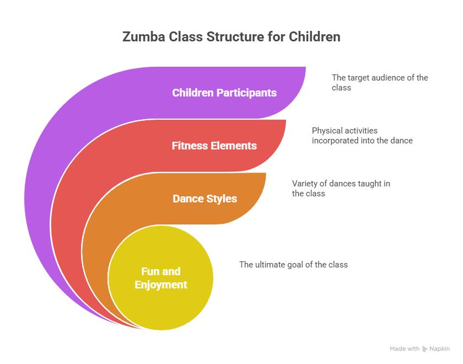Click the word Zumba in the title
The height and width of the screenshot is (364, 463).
point(144,37)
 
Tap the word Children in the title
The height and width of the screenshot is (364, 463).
point(315,37)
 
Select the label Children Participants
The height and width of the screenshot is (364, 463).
point(224,93)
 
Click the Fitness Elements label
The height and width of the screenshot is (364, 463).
point(214,146)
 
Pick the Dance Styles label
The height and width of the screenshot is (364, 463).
point(205,199)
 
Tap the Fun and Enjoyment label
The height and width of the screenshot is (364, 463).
point(161,278)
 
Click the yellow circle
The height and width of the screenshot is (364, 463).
point(160,278)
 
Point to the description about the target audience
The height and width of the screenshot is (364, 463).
point(380,82)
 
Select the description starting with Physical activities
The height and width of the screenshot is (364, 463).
point(362,135)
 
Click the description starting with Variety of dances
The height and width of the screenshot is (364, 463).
point(341,188)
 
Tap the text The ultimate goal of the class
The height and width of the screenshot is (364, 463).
point(293,264)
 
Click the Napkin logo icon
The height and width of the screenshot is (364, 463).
point(424,349)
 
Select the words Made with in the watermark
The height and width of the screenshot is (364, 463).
point(405,349)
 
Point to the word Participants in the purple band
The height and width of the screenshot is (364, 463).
point(246,93)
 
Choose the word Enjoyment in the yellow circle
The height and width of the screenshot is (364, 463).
point(161,285)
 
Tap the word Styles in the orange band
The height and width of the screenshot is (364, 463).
point(222,199)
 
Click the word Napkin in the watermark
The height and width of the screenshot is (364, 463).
point(440,349)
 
